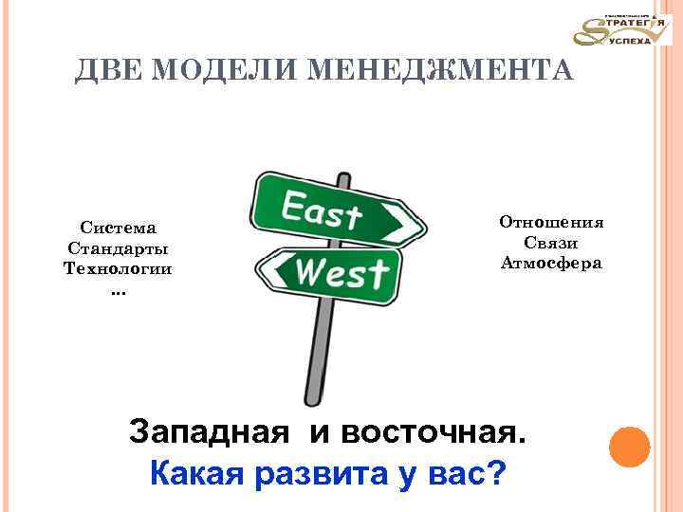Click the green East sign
332,210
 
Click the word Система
119,228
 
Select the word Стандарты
119,248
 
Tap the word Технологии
119,268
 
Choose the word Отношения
551,222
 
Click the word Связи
551,243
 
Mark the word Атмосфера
551,263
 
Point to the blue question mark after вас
493,470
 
